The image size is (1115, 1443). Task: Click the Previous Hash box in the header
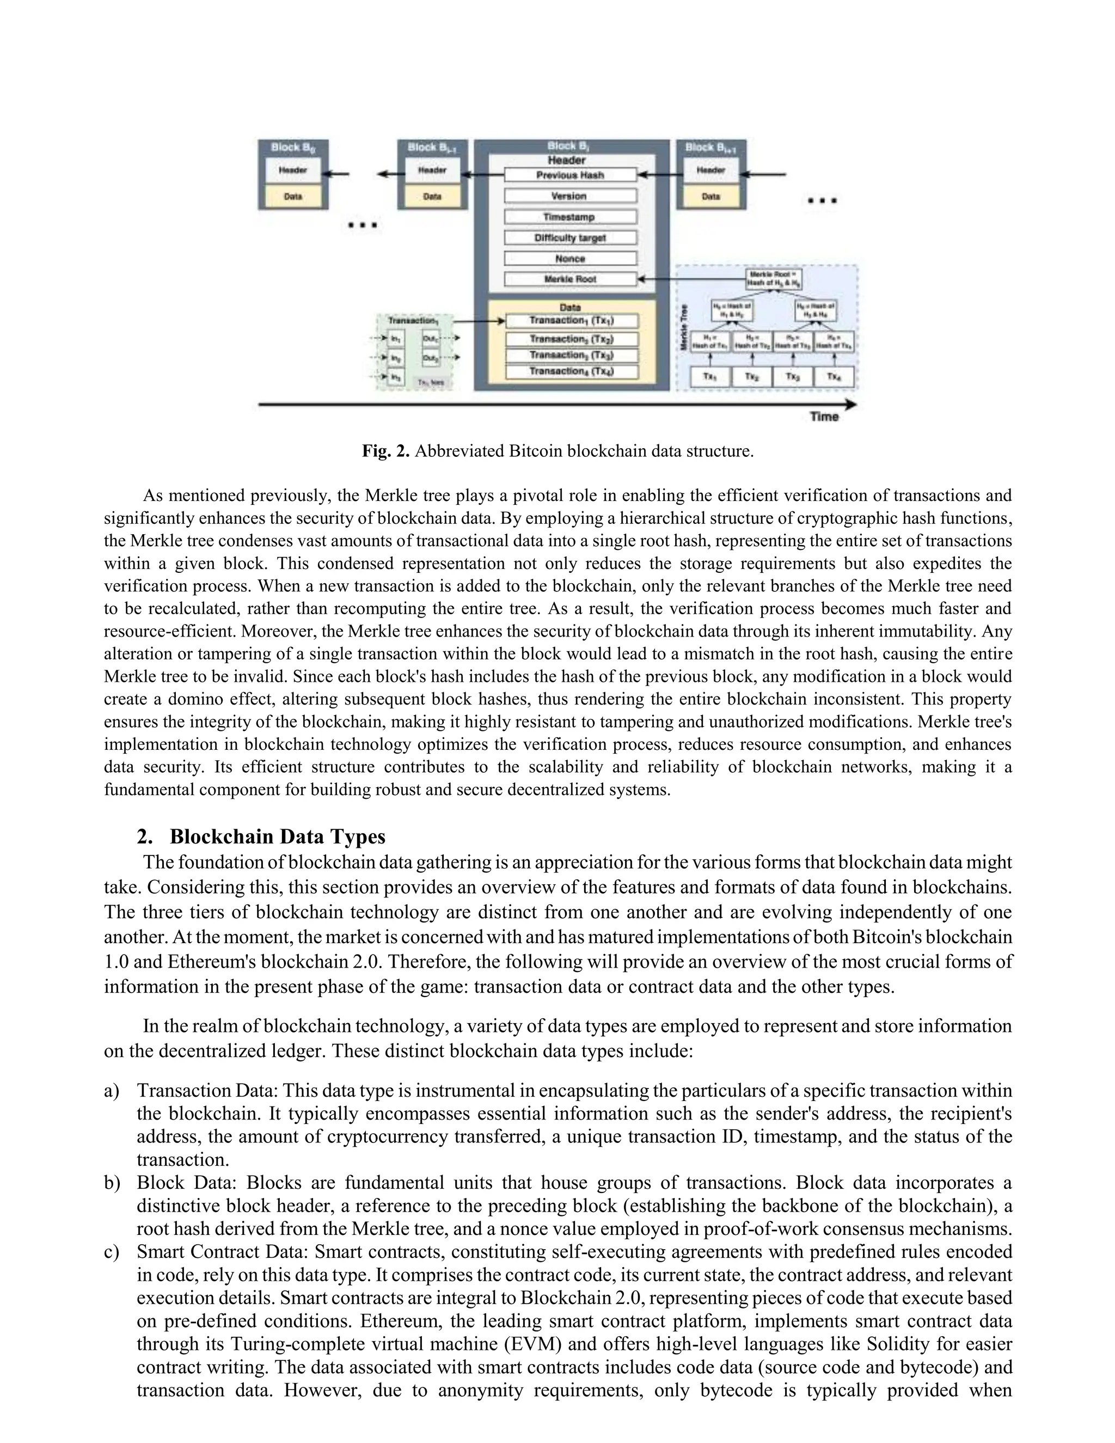tap(570, 175)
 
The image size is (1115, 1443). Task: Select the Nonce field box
tap(570, 258)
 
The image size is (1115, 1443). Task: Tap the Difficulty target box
tap(570, 238)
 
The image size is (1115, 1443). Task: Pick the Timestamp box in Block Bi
tap(570, 217)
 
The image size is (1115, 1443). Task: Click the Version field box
tap(570, 196)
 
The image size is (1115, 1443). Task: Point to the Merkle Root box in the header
tap(570, 279)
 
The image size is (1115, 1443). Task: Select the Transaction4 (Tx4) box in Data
tap(572, 371)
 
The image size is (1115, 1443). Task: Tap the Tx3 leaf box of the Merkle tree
tap(793, 377)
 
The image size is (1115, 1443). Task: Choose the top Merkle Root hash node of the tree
tap(774, 279)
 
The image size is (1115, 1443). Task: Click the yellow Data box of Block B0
tap(292, 196)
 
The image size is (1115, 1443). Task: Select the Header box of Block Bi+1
tap(710, 170)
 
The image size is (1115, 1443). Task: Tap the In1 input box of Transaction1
tap(396, 338)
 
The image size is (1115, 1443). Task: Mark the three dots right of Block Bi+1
tap(823, 201)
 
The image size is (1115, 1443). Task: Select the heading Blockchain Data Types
tap(278, 836)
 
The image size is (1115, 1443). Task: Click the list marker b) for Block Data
tap(113, 1183)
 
